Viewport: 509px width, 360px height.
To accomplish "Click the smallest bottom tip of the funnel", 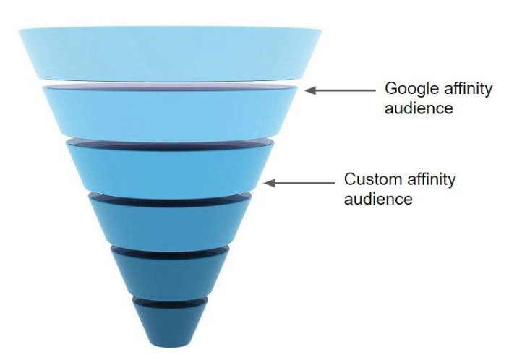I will pos(170,322).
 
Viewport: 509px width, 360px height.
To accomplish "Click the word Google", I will pos(409,90).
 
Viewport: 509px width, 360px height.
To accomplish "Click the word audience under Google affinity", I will pos(419,108).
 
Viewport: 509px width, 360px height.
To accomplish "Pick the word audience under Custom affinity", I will pos(378,197).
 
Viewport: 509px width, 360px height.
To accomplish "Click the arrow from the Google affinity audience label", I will pos(340,90).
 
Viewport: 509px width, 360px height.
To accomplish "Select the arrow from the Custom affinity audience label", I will pos(299,183).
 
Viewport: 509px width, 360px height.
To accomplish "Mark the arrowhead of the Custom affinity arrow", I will pos(268,183).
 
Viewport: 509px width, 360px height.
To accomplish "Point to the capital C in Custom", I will pos(350,179).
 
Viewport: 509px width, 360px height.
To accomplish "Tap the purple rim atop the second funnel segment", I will pos(170,86).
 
